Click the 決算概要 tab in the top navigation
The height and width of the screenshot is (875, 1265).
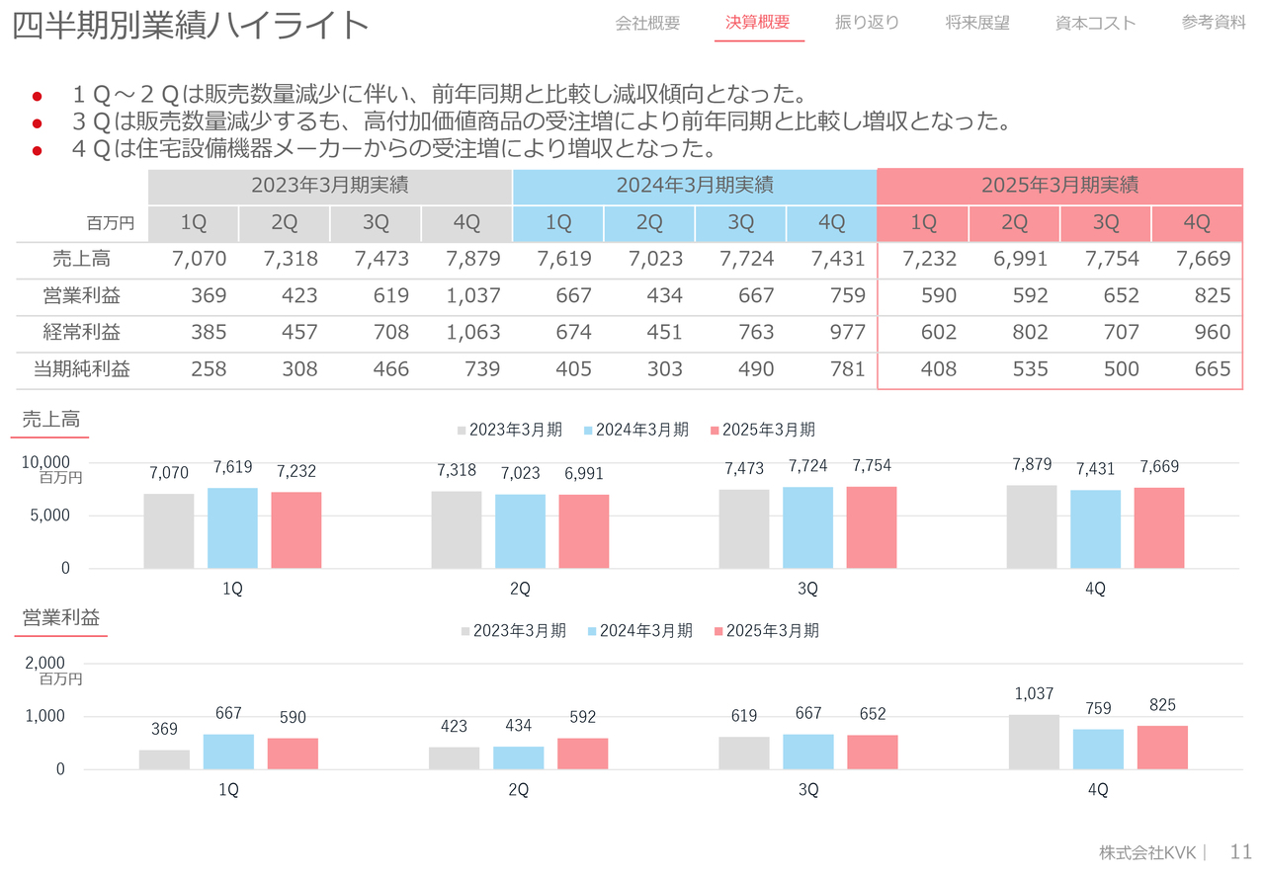click(x=758, y=23)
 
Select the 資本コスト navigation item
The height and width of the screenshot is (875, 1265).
click(x=1095, y=23)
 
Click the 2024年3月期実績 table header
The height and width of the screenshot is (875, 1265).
click(x=694, y=185)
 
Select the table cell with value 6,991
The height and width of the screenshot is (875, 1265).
click(x=1014, y=260)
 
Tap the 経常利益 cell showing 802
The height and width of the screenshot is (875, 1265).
click(x=1014, y=333)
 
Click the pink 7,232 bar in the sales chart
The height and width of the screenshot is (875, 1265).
click(x=296, y=530)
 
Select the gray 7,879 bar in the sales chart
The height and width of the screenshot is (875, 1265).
click(x=1032, y=527)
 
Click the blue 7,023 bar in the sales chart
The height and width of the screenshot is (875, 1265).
click(x=520, y=531)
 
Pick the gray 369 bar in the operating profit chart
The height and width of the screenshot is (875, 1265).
click(x=164, y=759)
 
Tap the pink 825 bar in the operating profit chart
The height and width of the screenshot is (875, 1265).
click(x=1162, y=748)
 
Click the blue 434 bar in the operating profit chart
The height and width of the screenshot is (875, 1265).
click(x=518, y=757)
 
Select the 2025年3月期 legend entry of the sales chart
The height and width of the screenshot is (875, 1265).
click(x=762, y=430)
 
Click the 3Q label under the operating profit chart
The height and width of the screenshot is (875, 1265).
click(x=808, y=790)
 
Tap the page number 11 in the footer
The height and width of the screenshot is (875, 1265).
click(x=1241, y=851)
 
